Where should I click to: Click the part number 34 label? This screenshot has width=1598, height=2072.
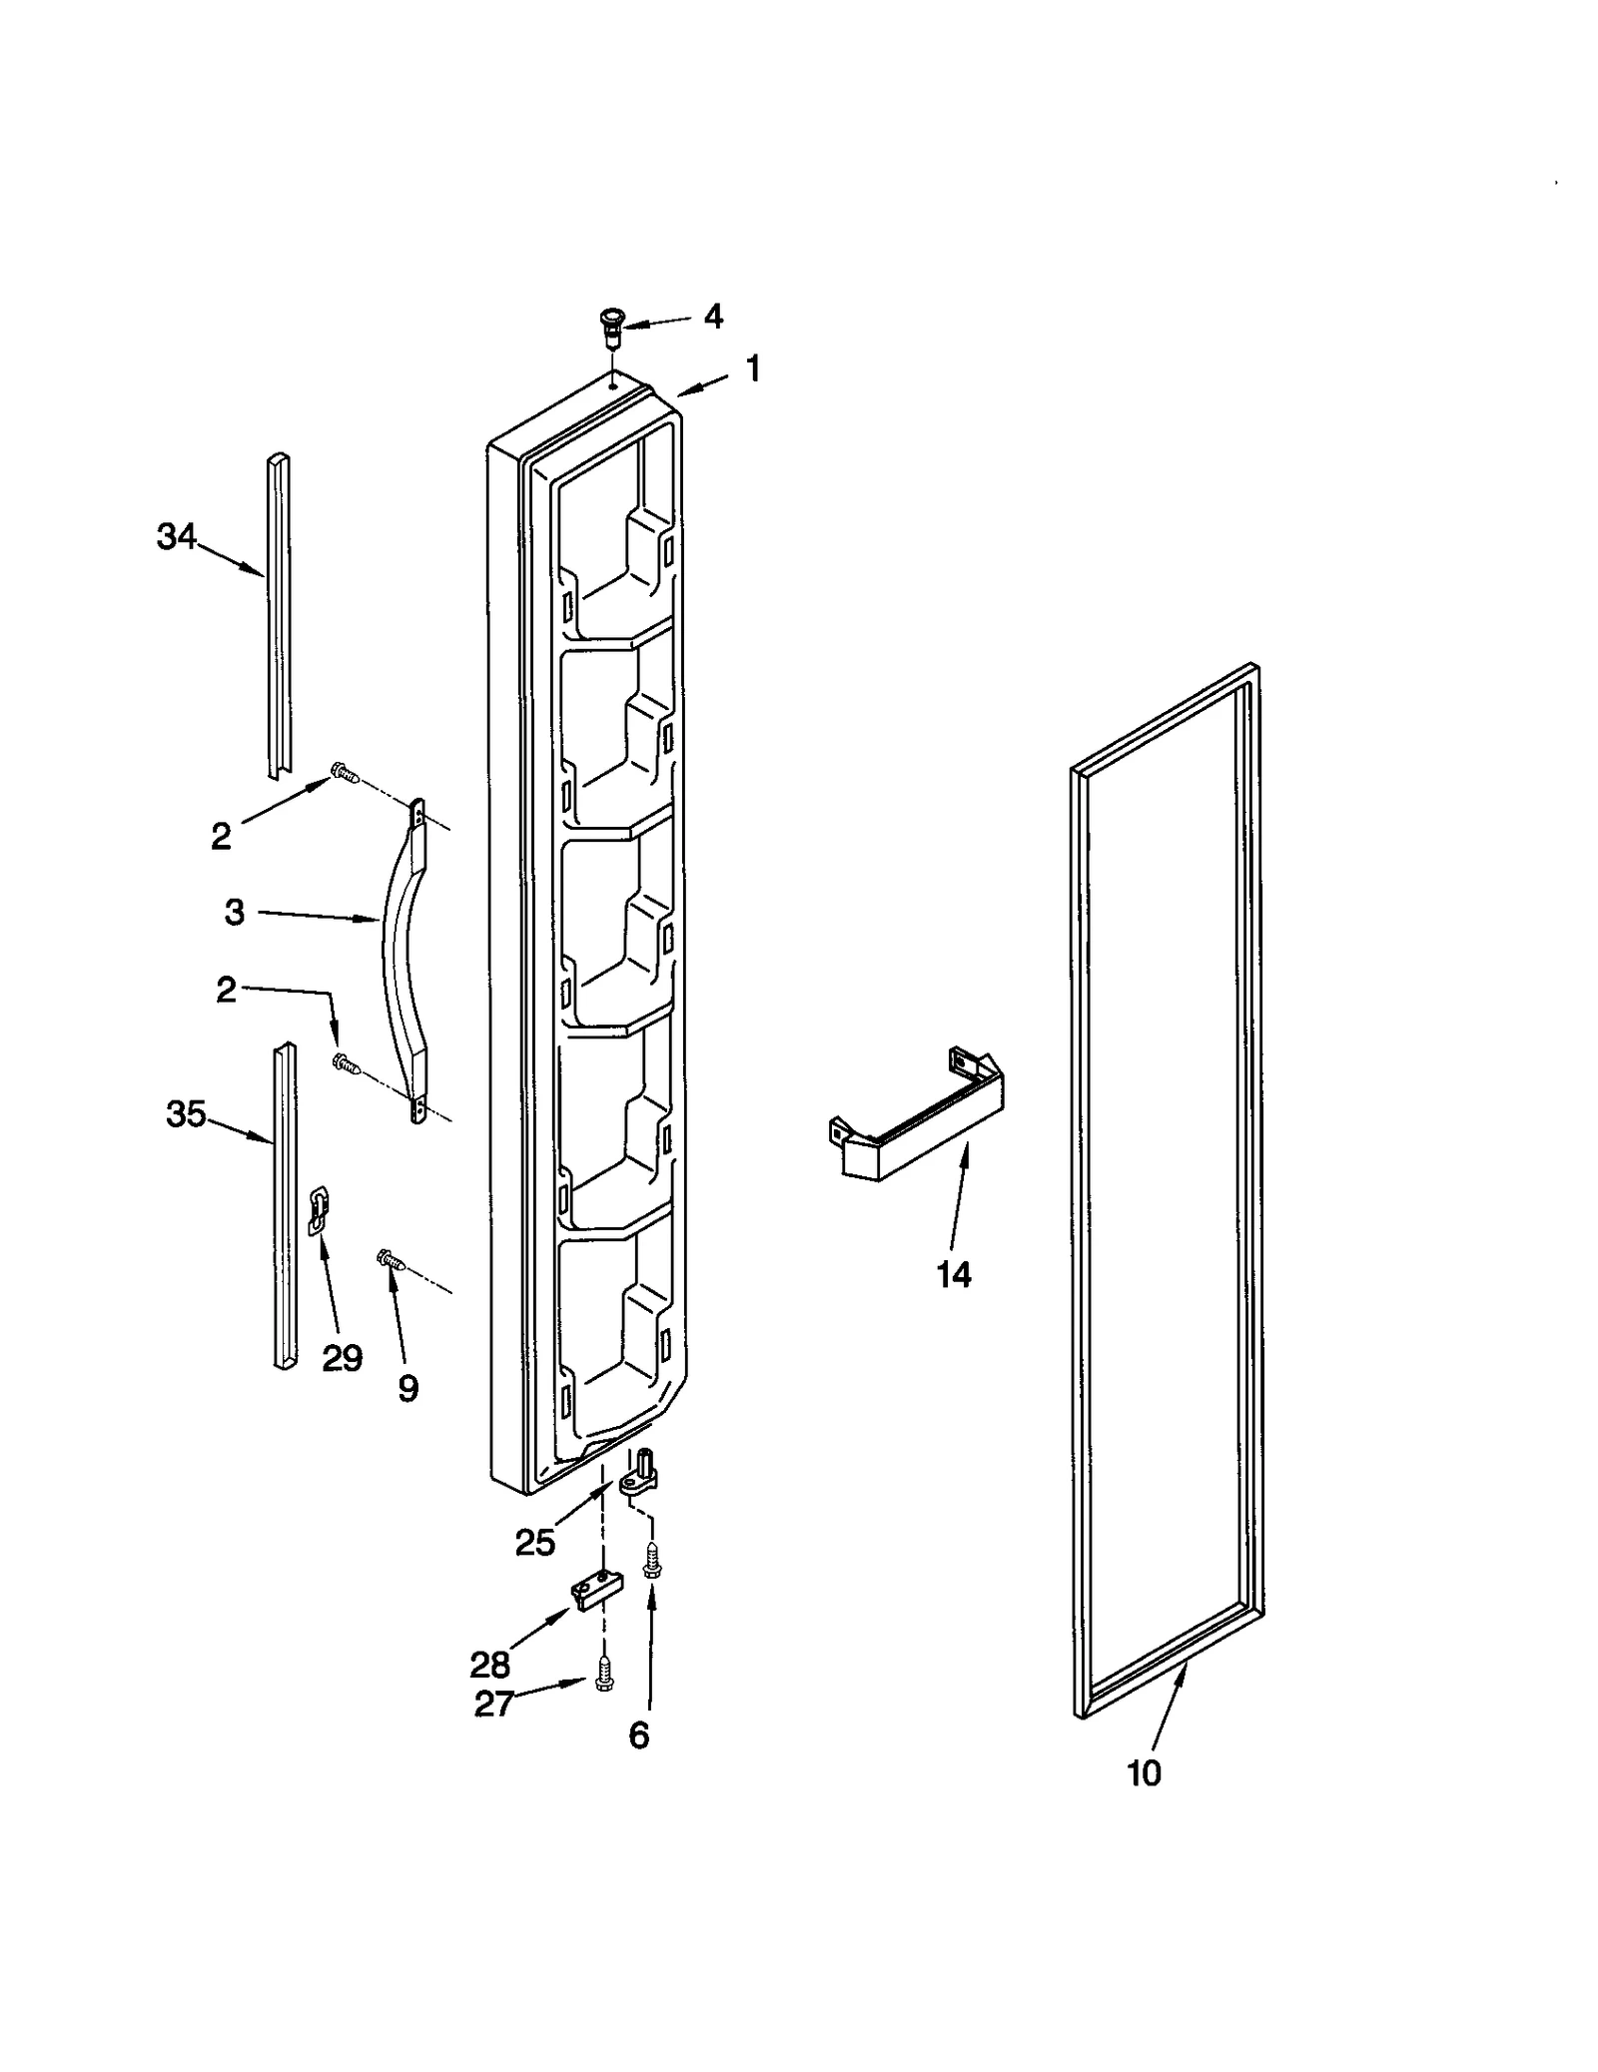click(x=176, y=537)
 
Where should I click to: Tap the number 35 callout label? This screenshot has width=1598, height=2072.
click(x=186, y=1114)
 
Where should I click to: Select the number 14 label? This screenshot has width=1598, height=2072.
click(x=954, y=1274)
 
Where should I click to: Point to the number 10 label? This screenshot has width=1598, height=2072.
click(x=1144, y=1773)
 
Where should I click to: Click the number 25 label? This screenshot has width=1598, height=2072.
click(x=535, y=1544)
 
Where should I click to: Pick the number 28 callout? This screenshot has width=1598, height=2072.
click(x=489, y=1665)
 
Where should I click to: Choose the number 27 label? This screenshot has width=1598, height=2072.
click(x=494, y=1705)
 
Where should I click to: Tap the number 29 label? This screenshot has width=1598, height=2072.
click(x=342, y=1358)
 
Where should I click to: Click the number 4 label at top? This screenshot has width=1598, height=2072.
click(x=712, y=317)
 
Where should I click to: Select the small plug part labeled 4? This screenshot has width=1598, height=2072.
click(x=609, y=326)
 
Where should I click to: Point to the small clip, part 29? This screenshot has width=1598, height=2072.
click(x=319, y=1209)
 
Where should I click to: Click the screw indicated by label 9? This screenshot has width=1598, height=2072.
click(x=389, y=1260)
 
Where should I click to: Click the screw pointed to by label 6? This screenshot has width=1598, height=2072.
click(x=651, y=1561)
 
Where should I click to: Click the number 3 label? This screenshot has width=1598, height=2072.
click(x=234, y=912)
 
